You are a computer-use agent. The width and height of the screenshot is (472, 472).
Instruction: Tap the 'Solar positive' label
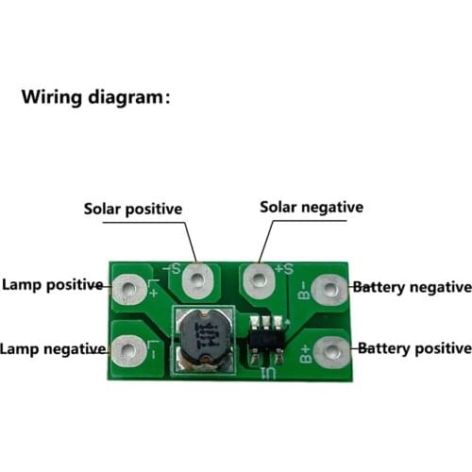tap(133, 209)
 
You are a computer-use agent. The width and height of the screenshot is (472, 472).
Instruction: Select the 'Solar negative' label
tap(312, 207)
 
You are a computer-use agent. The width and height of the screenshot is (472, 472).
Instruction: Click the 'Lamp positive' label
tap(52, 284)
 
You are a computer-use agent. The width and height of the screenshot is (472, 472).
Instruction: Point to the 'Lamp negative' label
tap(53, 349)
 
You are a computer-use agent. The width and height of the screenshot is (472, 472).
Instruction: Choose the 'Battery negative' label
tap(412, 286)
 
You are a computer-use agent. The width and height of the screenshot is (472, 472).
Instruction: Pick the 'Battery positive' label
tap(412, 348)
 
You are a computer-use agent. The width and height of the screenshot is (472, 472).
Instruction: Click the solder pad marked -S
tap(198, 278)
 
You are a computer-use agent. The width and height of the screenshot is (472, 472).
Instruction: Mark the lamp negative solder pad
tap(126, 350)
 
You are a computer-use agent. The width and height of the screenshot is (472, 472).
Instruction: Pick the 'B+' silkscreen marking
tap(305, 355)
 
